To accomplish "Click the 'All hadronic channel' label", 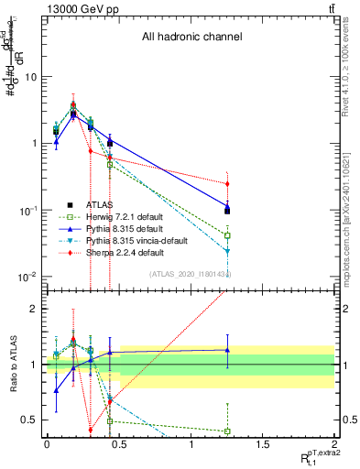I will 191,38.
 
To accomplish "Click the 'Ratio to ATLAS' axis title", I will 12,364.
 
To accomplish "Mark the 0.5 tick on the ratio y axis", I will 30,420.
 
